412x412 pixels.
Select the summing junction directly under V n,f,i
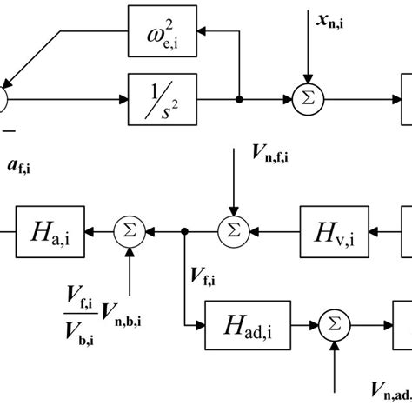click(233, 231)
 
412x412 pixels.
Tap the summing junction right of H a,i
click(129, 231)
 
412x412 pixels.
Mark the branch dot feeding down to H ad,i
click(185, 231)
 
